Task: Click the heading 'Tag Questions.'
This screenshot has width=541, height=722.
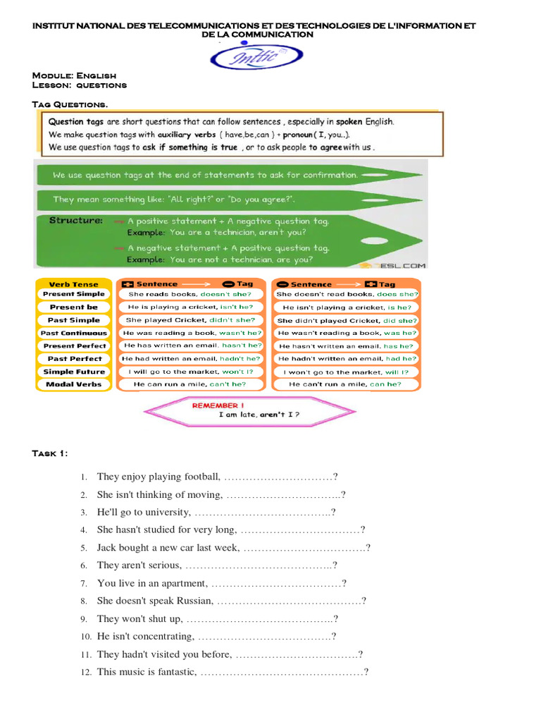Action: pos(70,104)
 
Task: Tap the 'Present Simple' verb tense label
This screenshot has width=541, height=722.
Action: pos(74,294)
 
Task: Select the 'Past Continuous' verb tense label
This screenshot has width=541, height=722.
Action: pos(74,333)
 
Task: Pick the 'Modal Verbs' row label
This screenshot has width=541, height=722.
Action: pos(74,384)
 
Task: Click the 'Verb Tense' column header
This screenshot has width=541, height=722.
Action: pos(74,284)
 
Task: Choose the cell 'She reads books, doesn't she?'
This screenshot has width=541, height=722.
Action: pos(189,294)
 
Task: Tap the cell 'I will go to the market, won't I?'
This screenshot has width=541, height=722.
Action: pos(190,372)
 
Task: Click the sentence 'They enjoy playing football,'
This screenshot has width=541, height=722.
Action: pos(159,477)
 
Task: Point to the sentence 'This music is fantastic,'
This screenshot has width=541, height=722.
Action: pos(147,672)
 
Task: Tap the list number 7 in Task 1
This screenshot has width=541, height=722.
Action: pos(83,584)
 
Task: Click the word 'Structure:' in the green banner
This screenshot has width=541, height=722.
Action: pos(76,221)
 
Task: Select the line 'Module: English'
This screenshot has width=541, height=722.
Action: pos(74,75)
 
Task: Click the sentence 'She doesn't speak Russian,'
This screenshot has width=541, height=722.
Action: pos(155,601)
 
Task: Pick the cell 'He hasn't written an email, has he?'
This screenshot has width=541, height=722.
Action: pos(346,346)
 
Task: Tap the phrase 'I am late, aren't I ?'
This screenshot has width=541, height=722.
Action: pos(259,415)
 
